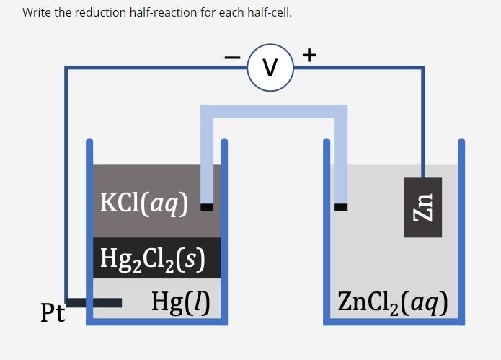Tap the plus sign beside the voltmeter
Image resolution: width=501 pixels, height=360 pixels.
pos(309,54)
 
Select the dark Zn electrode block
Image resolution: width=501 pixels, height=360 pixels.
pos(422,207)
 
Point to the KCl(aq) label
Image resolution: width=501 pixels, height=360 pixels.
pos(144,204)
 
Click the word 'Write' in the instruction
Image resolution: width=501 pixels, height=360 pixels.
pos(36,13)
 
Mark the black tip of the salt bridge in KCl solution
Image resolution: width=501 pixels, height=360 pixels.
pos(207,207)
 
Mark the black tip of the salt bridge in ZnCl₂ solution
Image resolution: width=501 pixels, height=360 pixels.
pos(340,207)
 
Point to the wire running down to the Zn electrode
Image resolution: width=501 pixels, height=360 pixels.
pos(422,123)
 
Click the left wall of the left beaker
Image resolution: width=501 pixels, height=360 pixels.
pos(89,231)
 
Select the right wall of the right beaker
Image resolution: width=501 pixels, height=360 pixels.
pos(461,231)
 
